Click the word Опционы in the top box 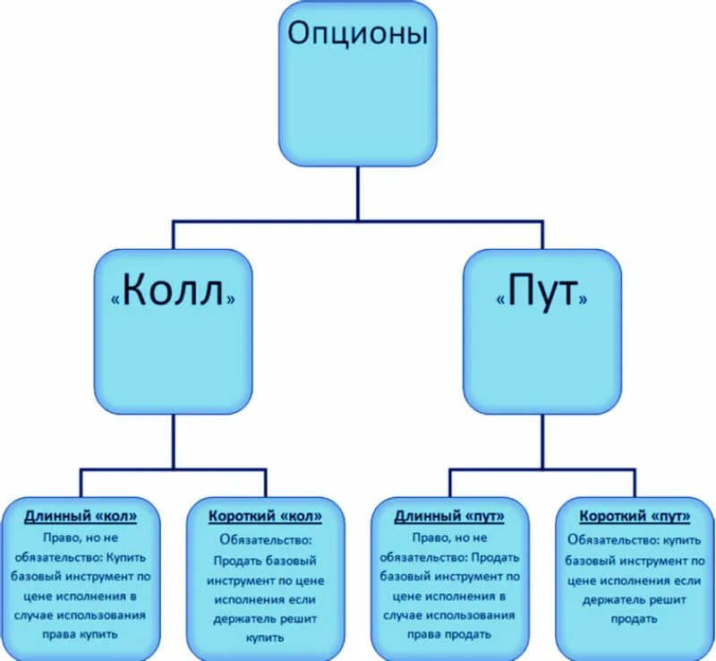357,35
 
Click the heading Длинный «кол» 81,517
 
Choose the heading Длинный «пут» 449,517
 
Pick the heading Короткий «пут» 634,517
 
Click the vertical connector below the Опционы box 357,193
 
